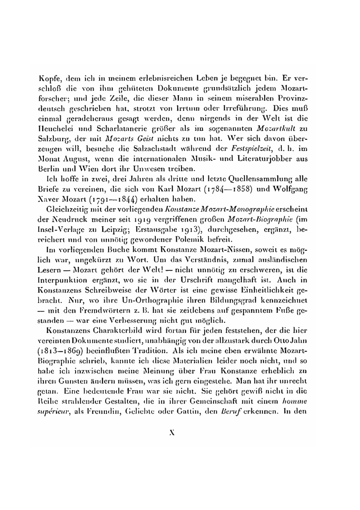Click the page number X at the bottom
[172, 433]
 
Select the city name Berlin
[46, 168]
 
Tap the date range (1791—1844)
[101, 199]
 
